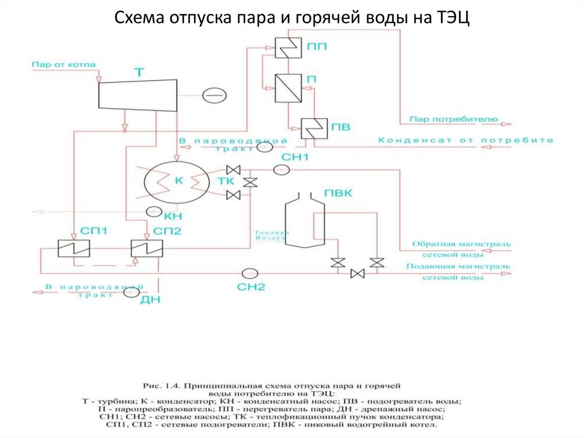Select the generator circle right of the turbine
[x=216, y=94]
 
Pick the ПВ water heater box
[x=311, y=128]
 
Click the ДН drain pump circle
[x=130, y=292]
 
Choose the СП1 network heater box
[x=74, y=248]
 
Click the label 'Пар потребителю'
[x=453, y=119]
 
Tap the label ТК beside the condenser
[x=224, y=182]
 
